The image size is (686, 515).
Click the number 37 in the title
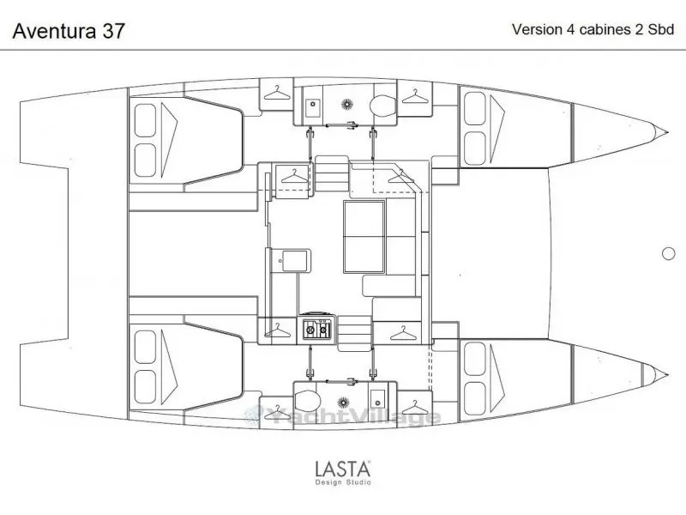pyautogui.click(x=113, y=31)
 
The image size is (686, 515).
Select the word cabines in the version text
pyautogui.click(x=605, y=29)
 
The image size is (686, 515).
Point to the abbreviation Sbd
pyautogui.click(x=660, y=29)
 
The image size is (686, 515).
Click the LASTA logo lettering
pyautogui.click(x=343, y=469)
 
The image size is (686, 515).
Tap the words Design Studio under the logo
pyautogui.click(x=344, y=482)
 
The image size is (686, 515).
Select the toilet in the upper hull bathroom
pyautogui.click(x=382, y=106)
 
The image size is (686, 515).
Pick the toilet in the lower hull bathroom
pyautogui.click(x=308, y=401)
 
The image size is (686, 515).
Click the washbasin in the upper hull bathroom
pyautogui.click(x=313, y=107)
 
